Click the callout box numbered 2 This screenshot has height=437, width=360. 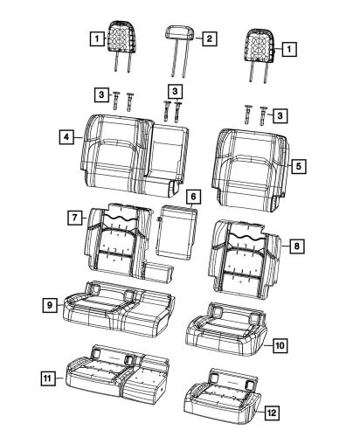[x=209, y=39]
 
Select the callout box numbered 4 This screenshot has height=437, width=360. [x=66, y=137]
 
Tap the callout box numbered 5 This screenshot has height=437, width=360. [x=297, y=163]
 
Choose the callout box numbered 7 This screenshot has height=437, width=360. [x=77, y=216]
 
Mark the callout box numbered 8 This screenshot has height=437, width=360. [x=297, y=247]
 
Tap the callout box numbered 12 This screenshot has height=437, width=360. [x=273, y=413]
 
